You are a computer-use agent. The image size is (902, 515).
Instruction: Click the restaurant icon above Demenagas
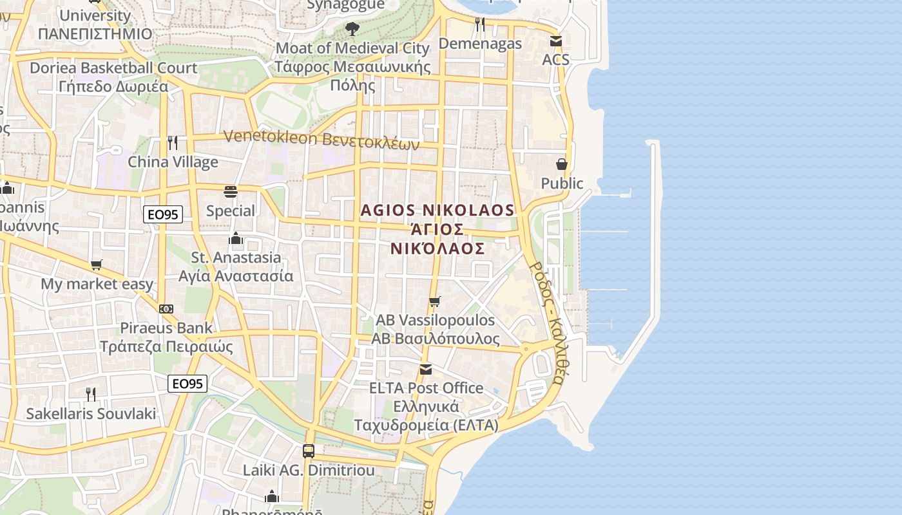pyautogui.click(x=479, y=24)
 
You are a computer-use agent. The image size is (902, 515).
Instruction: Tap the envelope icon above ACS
pyautogui.click(x=555, y=41)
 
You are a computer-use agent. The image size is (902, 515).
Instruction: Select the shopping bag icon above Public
pyautogui.click(x=562, y=164)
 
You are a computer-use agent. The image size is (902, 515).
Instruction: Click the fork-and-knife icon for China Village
pyautogui.click(x=172, y=142)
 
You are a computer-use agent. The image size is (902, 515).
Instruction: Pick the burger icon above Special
pyautogui.click(x=231, y=192)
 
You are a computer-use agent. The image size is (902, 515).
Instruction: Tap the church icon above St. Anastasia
pyautogui.click(x=236, y=239)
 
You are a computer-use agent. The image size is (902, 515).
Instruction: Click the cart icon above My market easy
pyautogui.click(x=97, y=265)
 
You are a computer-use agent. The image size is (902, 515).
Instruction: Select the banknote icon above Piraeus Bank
pyautogui.click(x=166, y=309)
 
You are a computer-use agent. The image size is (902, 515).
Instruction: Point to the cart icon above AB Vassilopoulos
pyautogui.click(x=435, y=301)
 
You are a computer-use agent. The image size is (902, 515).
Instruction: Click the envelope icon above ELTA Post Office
pyautogui.click(x=426, y=370)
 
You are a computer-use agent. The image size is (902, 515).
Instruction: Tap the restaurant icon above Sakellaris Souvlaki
pyautogui.click(x=91, y=394)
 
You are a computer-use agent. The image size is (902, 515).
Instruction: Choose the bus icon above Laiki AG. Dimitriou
pyautogui.click(x=309, y=451)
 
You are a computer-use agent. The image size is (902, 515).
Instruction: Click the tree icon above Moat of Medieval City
pyautogui.click(x=352, y=28)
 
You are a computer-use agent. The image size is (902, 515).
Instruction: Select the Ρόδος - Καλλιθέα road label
pyautogui.click(x=547, y=322)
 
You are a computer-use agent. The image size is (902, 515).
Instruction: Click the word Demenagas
pyautogui.click(x=480, y=44)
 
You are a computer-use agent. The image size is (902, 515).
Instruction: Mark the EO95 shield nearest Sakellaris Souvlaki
pyautogui.click(x=187, y=384)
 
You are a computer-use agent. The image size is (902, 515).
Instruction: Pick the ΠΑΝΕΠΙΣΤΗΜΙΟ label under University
pyautogui.click(x=95, y=33)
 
